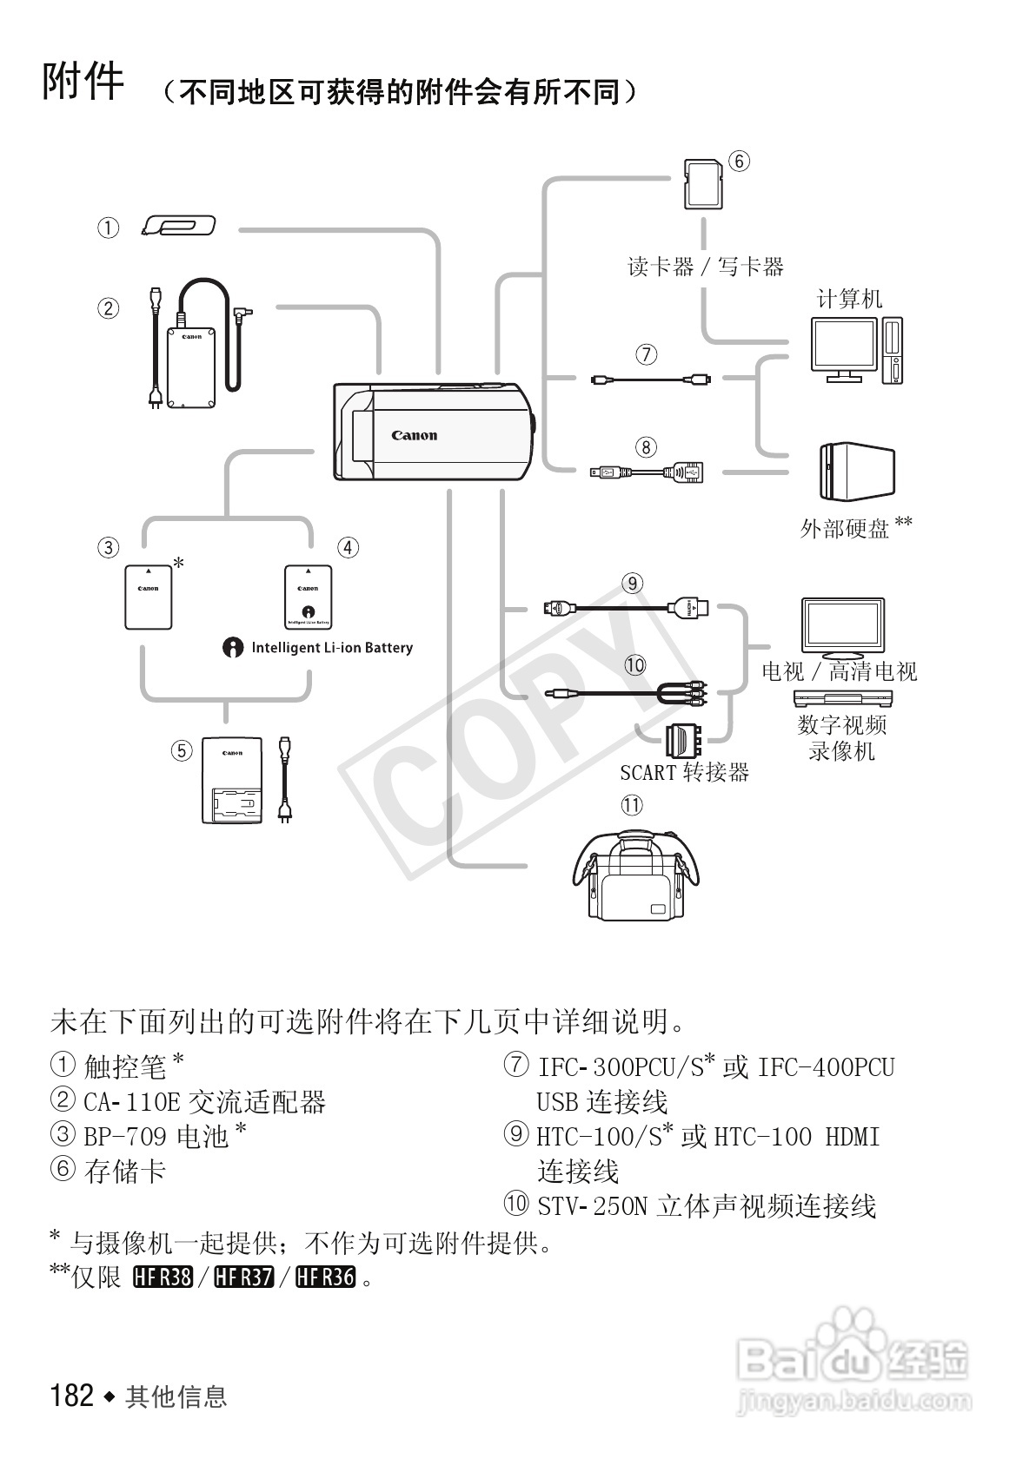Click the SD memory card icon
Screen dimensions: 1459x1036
703,184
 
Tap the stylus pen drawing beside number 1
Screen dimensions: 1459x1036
178,228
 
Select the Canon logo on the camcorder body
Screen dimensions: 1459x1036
414,436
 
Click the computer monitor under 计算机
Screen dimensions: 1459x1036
842,347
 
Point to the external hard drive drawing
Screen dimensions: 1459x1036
855,472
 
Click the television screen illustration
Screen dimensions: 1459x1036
842,626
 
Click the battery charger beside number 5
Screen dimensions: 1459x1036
231,781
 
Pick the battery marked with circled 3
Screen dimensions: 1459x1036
148,597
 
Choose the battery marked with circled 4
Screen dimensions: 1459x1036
308,597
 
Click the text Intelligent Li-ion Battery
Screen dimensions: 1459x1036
331,648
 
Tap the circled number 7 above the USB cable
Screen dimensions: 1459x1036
646,354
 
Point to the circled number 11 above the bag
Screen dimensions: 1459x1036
632,805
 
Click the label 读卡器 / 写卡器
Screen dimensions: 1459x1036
706,267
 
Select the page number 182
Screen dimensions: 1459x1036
72,1396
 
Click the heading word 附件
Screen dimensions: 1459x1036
83,83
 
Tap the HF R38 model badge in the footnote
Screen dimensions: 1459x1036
163,1277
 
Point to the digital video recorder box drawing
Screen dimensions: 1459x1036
842,697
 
